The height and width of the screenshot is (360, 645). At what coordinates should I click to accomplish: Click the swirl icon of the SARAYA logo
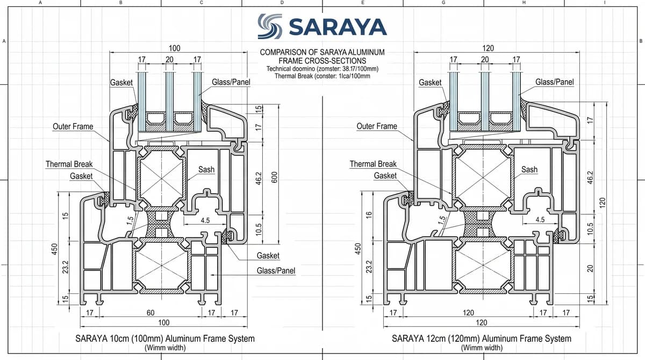(x=270, y=26)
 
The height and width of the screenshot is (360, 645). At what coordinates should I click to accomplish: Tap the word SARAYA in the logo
(x=338, y=27)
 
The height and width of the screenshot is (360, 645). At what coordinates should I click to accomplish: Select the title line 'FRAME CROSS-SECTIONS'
(x=322, y=61)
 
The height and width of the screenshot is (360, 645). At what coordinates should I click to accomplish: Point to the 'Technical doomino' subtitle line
(x=322, y=69)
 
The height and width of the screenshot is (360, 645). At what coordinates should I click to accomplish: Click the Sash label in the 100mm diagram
(x=206, y=169)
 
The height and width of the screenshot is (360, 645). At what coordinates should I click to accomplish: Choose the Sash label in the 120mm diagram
(x=529, y=169)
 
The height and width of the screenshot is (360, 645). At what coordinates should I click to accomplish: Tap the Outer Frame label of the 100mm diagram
(x=73, y=126)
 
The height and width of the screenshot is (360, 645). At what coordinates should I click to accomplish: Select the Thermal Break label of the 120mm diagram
(x=373, y=164)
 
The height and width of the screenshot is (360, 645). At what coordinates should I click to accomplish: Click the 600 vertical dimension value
(x=275, y=177)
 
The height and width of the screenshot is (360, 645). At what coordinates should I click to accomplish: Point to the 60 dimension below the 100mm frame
(x=150, y=313)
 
